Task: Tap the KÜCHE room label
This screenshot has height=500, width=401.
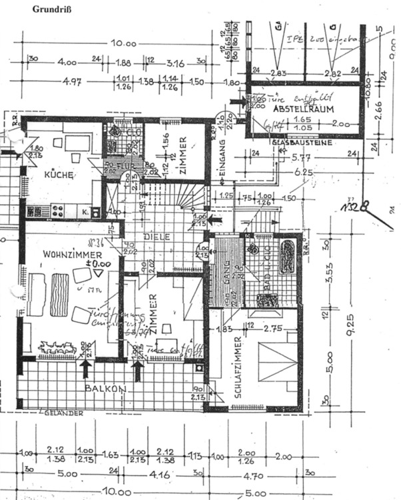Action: [59, 175]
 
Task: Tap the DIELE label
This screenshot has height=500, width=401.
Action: [162, 237]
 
